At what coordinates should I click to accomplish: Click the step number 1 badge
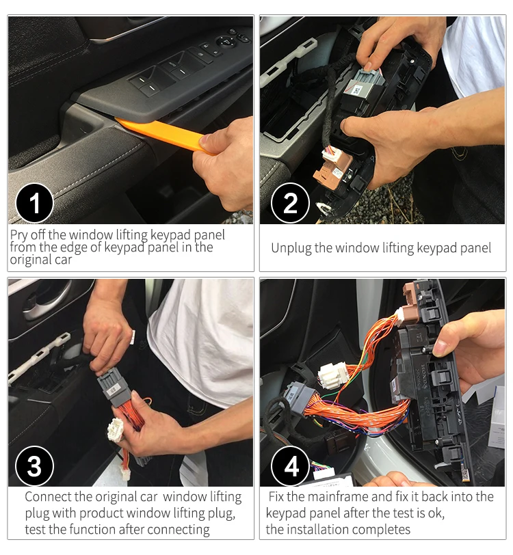click(35, 203)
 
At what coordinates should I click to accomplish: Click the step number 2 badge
click(290, 203)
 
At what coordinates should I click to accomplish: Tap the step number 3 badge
click(35, 466)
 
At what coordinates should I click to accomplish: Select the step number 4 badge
click(290, 466)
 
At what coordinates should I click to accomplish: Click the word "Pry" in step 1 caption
click(18, 235)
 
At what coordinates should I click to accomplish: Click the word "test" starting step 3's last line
click(36, 530)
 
